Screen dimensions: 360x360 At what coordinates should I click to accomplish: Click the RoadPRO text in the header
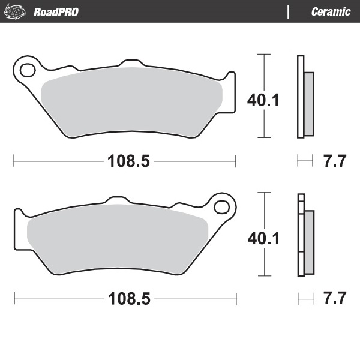click(x=56, y=12)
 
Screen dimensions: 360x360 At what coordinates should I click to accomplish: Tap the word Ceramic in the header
click(x=331, y=12)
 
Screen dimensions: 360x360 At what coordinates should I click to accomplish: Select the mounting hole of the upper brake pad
click(x=27, y=70)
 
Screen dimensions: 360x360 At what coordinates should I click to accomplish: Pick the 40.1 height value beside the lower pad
click(x=263, y=238)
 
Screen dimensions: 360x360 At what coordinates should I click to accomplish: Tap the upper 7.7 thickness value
click(x=335, y=161)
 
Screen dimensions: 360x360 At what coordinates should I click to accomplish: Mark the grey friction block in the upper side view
click(x=308, y=103)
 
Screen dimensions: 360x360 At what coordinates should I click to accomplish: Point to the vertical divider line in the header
click(x=289, y=12)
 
